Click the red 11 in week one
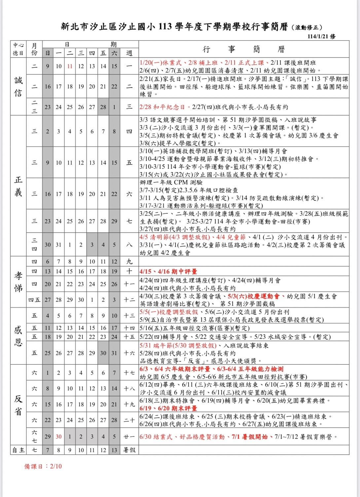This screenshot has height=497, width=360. click(70, 66)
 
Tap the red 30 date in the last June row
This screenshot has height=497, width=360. click(58, 437)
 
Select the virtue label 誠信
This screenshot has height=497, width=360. click(18, 87)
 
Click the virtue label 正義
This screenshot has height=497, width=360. click(18, 186)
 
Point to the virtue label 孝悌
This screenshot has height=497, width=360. click(18, 282)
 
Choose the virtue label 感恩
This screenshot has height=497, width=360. click(18, 336)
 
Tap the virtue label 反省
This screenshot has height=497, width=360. click(18, 404)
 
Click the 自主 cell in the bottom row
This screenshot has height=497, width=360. click(18, 450)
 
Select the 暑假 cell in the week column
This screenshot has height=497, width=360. click(129, 450)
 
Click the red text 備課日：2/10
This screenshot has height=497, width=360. click(43, 466)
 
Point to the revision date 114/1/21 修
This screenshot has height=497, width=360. click(321, 36)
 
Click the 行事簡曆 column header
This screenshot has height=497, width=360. click(244, 49)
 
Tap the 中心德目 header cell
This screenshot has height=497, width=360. click(18, 49)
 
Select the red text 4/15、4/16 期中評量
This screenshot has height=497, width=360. click(168, 271)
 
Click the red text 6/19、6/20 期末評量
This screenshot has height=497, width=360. click(168, 408)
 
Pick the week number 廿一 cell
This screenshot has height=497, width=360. click(129, 437)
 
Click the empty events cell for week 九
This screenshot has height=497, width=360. click(244, 261)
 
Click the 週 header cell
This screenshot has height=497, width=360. click(129, 53)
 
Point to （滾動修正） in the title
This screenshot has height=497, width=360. click(307, 27)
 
